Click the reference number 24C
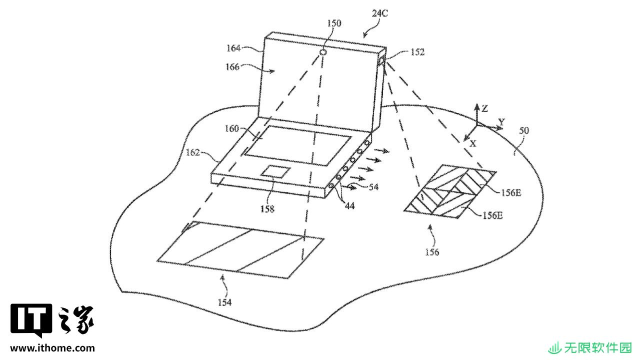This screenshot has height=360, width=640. pyautogui.click(x=379, y=13)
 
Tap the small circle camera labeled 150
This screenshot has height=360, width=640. pyautogui.click(x=323, y=52)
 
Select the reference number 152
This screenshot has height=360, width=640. pyautogui.click(x=417, y=52)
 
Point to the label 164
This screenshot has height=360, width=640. pyautogui.click(x=233, y=48)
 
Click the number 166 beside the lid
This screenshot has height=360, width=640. pyautogui.click(x=232, y=67)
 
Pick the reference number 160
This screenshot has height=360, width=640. pyautogui.click(x=231, y=128)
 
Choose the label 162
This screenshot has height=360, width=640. pyautogui.click(x=193, y=152)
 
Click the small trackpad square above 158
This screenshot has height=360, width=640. pyautogui.click(x=275, y=171)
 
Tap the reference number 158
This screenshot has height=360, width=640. pyautogui.click(x=267, y=209)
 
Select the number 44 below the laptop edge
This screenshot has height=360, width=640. pyautogui.click(x=349, y=205)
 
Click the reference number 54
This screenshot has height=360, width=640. pyautogui.click(x=373, y=187)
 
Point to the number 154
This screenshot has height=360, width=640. pyautogui.click(x=225, y=302)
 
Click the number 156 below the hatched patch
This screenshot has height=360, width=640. pyautogui.click(x=432, y=252)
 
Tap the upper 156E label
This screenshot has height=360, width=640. pyautogui.click(x=511, y=193)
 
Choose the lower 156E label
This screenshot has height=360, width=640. pyautogui.click(x=492, y=215)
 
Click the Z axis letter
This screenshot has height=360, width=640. pyautogui.click(x=484, y=108)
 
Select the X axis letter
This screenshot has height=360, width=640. pyautogui.click(x=473, y=143)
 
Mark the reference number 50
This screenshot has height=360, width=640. pyautogui.click(x=524, y=130)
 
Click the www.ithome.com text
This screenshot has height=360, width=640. pyautogui.click(x=52, y=348)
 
